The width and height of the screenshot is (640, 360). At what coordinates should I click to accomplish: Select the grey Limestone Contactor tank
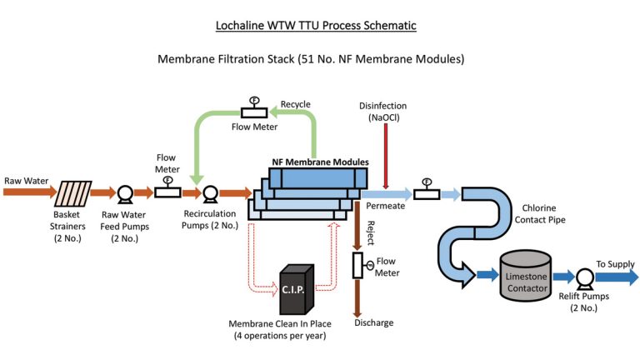tap(525, 277)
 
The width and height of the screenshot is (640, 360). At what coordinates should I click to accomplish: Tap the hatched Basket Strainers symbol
tap(72, 193)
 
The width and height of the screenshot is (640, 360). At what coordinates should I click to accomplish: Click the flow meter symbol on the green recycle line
tap(253, 111)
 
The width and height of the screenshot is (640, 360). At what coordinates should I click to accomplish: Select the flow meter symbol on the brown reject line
tap(358, 265)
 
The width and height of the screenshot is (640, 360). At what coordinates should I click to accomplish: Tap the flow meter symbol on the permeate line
tap(427, 192)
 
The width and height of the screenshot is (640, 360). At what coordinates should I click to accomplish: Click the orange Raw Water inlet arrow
tap(25, 193)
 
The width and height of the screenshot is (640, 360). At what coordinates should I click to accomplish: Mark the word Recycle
tap(295, 104)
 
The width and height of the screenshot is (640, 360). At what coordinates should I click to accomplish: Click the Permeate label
tap(385, 206)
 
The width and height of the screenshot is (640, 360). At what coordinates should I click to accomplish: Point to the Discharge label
tap(373, 322)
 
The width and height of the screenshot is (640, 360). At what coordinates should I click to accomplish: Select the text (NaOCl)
tap(384, 118)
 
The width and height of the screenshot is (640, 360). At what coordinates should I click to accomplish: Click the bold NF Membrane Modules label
tap(320, 162)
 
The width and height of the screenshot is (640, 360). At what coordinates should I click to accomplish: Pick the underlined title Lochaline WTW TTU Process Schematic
tap(321, 26)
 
